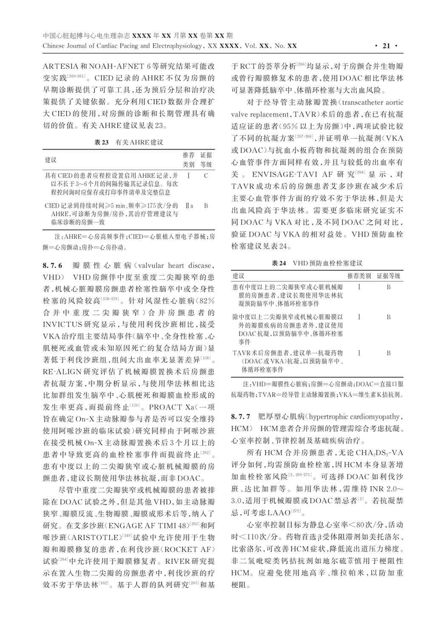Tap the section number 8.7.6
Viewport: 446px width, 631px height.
tap(52, 266)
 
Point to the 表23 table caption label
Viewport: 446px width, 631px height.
tap(102, 142)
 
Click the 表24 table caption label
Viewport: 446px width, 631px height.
tap(279, 263)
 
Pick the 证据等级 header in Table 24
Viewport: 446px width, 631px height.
tap(388, 275)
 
